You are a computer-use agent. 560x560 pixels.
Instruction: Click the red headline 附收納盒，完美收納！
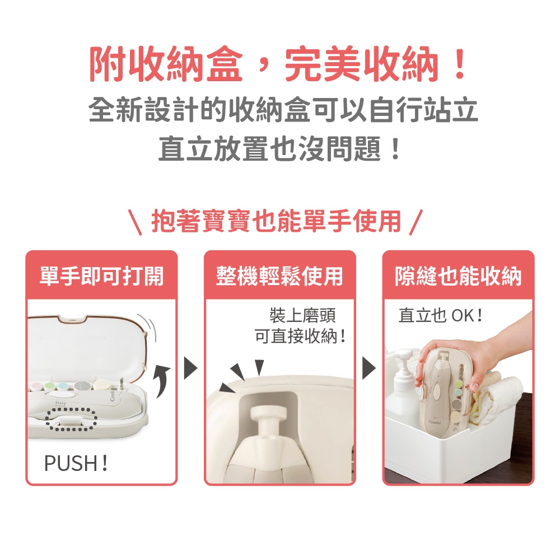(x=279, y=64)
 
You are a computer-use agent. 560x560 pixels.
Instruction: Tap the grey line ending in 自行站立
(x=283, y=109)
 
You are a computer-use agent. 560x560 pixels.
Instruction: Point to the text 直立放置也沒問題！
(x=279, y=148)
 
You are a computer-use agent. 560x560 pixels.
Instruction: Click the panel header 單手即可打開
(x=102, y=276)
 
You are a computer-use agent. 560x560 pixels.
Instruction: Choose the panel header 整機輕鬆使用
(x=279, y=276)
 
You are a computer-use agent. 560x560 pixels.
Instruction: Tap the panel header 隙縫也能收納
(x=458, y=276)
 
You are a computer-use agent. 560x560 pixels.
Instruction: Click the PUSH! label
(x=76, y=463)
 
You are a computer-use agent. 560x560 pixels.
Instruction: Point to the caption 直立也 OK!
(x=440, y=316)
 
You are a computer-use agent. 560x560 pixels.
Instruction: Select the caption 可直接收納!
(x=300, y=336)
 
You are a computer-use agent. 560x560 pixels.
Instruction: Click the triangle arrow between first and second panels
(x=190, y=368)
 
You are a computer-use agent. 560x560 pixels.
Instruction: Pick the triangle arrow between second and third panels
(x=369, y=368)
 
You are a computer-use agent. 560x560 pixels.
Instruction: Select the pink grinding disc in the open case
(x=36, y=386)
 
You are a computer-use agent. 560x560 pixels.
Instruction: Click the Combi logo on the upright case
(x=435, y=422)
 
